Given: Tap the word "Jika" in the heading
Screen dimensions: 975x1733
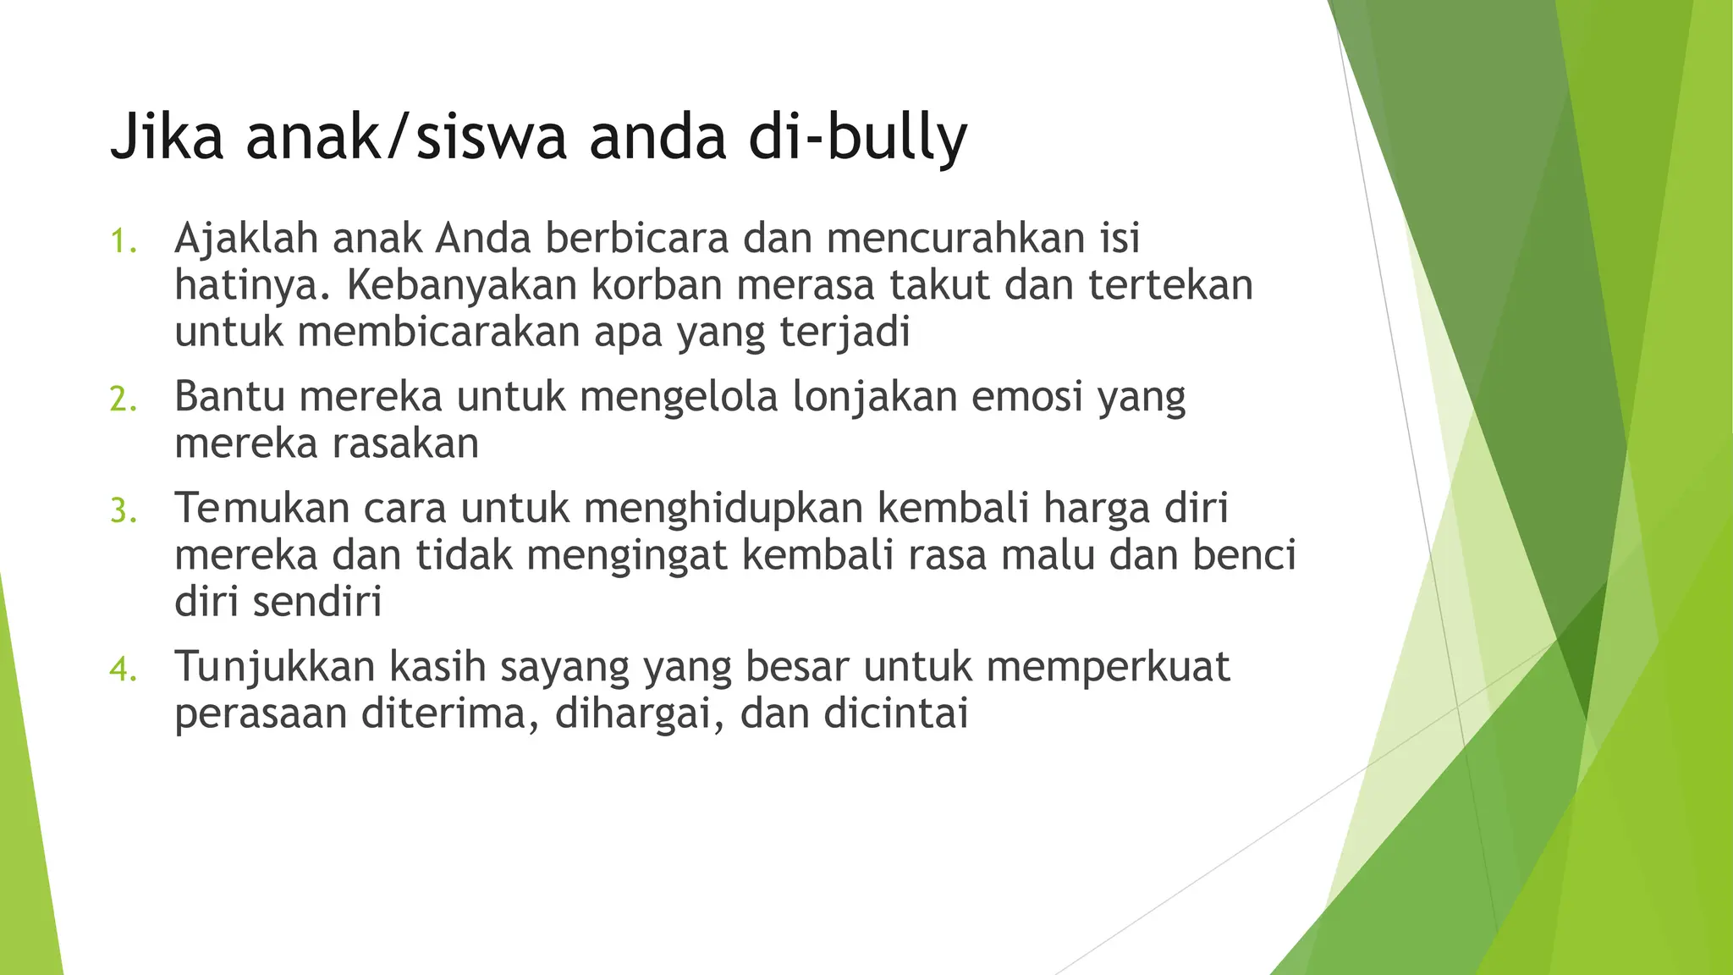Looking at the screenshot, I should [x=167, y=137].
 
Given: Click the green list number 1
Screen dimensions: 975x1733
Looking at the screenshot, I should [x=123, y=241].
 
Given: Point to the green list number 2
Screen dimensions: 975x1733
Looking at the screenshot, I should [x=123, y=399].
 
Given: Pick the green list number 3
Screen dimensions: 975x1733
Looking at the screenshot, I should [x=123, y=511].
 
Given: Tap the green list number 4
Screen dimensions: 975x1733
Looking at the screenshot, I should [x=123, y=669].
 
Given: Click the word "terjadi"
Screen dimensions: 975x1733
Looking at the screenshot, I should [x=844, y=332].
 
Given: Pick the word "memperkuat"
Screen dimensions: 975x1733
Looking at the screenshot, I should [x=1108, y=667].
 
